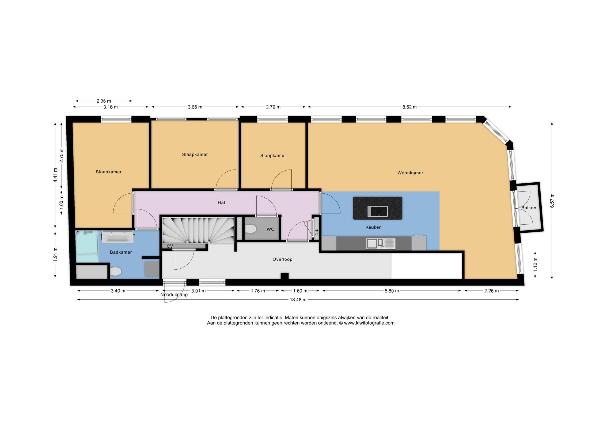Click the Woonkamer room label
[x=410, y=173]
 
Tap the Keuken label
[x=373, y=227]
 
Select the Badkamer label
[x=121, y=252]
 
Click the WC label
[x=270, y=229]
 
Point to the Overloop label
[x=282, y=259]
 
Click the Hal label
[x=221, y=203]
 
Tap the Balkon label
[x=529, y=208]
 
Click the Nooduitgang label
[x=174, y=295]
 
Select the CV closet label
[x=170, y=246]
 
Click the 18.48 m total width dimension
[x=298, y=300]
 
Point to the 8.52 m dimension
[x=409, y=107]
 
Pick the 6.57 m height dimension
[x=552, y=200]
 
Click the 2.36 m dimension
[x=104, y=101]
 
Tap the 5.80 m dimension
[x=392, y=291]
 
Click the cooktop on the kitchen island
[x=377, y=211]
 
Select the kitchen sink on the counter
[x=381, y=243]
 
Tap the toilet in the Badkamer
[x=115, y=272]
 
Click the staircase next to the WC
[x=198, y=230]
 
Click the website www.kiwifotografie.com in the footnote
[x=369, y=323]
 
